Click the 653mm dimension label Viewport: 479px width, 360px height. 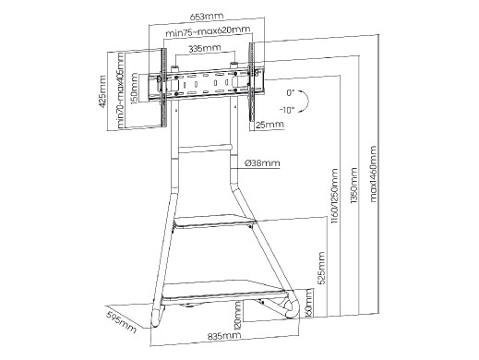pos(207,16)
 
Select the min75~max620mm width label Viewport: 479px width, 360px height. pos(208,31)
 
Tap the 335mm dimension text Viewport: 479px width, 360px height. pos(205,49)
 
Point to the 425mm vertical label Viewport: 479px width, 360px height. pos(102,91)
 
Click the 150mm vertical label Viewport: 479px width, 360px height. pos(134,89)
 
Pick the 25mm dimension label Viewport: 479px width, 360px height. pos(270,125)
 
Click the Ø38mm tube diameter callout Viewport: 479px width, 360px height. pos(262,162)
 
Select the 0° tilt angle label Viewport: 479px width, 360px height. pos(291,92)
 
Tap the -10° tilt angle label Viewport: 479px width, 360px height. pos(287,110)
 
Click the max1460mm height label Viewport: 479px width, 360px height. pos(373,174)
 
